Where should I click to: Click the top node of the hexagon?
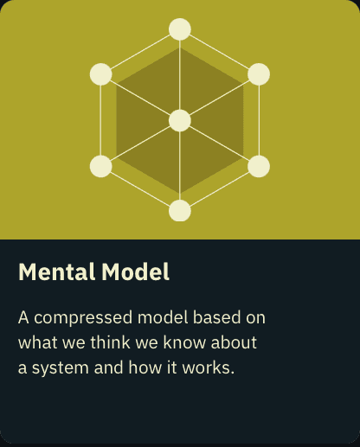click(180, 29)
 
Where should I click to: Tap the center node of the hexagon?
click(180, 120)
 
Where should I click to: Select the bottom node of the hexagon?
click(180, 211)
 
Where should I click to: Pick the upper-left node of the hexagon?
click(100, 74)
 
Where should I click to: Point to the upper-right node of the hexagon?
click(259, 74)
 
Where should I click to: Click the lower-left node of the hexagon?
click(100, 166)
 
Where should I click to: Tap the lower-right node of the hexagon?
click(259, 166)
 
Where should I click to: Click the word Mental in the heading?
click(56, 271)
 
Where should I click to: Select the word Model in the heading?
click(135, 271)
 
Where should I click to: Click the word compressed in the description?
click(83, 318)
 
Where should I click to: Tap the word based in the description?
click(216, 317)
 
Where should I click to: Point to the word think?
click(110, 342)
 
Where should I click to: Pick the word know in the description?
click(184, 342)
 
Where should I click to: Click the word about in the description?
click(234, 342)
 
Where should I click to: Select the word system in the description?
click(61, 368)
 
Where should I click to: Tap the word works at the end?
click(208, 367)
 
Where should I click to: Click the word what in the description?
click(37, 342)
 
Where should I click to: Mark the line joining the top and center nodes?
click(180, 75)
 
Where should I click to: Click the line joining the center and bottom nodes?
click(180, 166)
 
